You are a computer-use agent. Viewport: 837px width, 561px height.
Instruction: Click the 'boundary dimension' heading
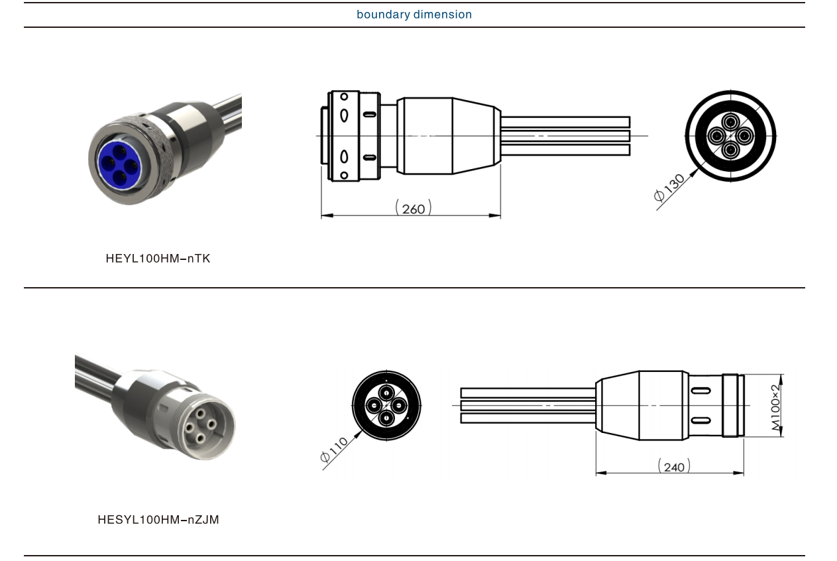(x=414, y=15)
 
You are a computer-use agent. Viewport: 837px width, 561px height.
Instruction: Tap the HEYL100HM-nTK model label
(x=158, y=259)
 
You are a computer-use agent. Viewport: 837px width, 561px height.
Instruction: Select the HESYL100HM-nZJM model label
(x=158, y=520)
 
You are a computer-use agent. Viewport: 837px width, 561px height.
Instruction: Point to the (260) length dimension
(x=414, y=208)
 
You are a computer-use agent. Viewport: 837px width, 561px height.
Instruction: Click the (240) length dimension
(x=674, y=467)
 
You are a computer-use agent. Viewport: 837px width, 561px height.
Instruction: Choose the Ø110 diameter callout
(x=334, y=449)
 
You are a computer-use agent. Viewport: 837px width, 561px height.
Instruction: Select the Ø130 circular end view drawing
(x=730, y=136)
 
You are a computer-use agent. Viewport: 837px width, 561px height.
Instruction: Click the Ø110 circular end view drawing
(x=386, y=405)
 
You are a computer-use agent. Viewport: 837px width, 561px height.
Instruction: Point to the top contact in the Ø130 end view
(x=730, y=122)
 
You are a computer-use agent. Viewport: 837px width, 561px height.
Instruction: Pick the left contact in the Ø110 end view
(x=374, y=405)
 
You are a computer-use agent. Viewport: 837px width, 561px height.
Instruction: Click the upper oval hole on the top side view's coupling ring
(x=345, y=115)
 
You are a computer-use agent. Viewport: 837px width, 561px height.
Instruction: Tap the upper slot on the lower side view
(x=700, y=391)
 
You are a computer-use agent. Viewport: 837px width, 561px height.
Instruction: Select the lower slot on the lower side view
(x=700, y=420)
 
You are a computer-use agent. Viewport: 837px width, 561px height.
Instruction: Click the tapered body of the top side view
(x=476, y=136)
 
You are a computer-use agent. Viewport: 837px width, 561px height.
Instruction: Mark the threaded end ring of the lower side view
(x=731, y=405)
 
